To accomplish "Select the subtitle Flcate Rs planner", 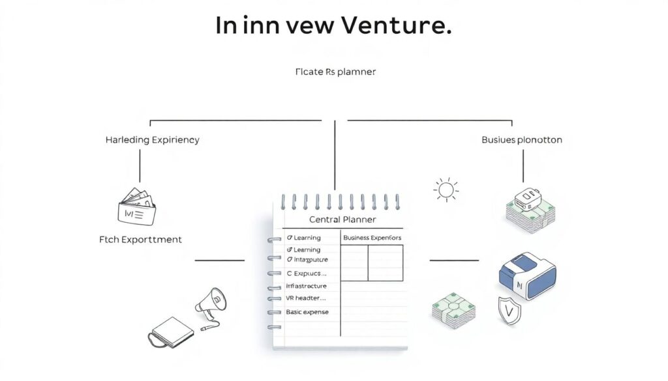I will click(335, 72).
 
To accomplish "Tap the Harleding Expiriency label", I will click(152, 140).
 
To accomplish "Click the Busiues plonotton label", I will click(521, 140).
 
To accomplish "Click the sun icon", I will click(446, 190).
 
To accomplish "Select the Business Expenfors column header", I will click(372, 238).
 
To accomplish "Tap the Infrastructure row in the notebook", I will click(306, 286).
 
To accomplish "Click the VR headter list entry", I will click(306, 298).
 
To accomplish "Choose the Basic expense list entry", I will click(307, 312).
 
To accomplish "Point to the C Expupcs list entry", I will click(306, 274).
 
